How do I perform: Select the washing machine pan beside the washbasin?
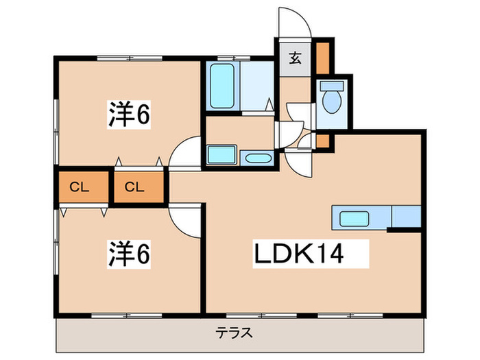(221, 155)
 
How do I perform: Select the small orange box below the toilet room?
(323, 142)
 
